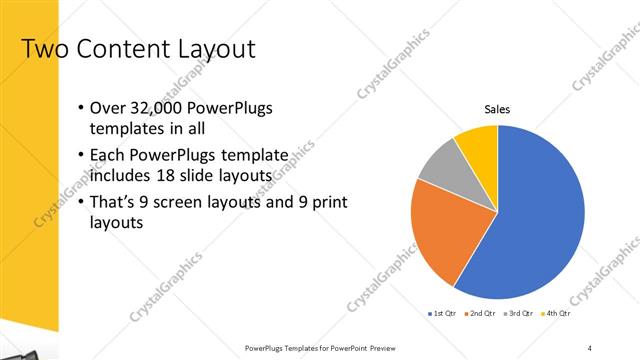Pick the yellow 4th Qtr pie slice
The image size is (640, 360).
478,145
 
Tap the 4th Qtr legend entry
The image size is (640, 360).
558,313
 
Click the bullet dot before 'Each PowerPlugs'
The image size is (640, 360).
80,157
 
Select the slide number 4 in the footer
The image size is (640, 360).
590,348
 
